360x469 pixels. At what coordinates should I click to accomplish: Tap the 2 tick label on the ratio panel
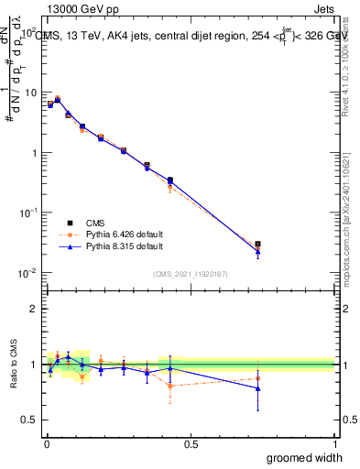(33, 309)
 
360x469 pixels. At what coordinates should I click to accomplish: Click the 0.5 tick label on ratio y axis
(28, 420)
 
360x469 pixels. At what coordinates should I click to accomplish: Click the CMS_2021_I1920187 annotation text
(191, 273)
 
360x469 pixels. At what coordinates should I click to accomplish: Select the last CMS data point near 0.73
(257, 245)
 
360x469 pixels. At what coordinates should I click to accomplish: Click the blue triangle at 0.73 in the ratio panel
(257, 388)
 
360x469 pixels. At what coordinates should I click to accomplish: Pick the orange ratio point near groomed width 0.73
(257, 378)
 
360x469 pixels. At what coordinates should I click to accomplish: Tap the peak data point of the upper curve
(58, 98)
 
